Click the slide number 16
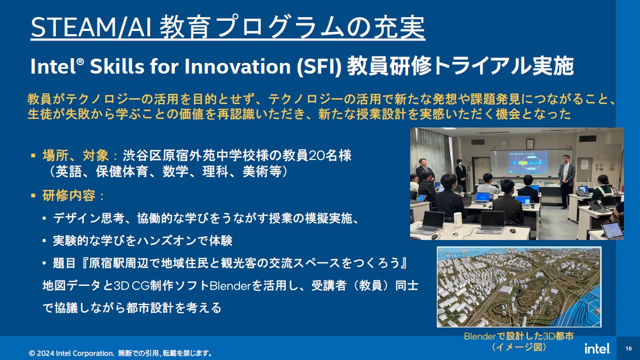628,349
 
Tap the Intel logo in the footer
597,348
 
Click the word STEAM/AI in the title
91,27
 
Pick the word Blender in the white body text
230,286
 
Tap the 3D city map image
519,287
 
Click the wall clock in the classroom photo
503,143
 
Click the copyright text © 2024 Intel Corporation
71,354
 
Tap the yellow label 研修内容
69,196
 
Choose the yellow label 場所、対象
75,156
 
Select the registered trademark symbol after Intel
81,62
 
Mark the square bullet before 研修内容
33,196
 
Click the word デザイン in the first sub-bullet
77,219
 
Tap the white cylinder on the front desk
458,220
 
